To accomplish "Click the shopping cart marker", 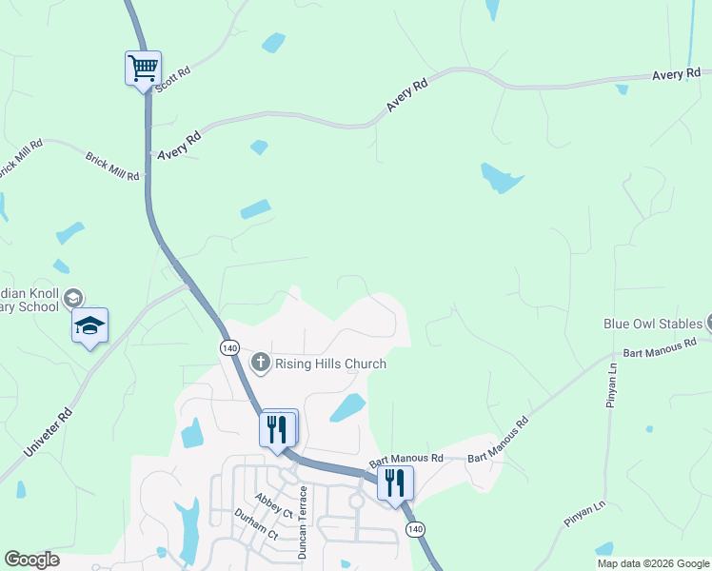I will pos(143,69).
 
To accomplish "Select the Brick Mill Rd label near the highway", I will pos(112,167).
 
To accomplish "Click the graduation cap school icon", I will pos(89,325).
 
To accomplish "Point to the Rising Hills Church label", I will pos(330,364).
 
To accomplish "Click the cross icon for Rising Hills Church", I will pos(260,363).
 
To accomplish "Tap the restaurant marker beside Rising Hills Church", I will pos(278,428).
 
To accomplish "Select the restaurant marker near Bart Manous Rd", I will pos(395,482).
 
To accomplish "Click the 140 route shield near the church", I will pos(228,348).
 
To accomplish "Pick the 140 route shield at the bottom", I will pos(414,529).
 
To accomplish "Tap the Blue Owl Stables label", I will pos(652,324).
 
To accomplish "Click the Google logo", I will pos(31,560).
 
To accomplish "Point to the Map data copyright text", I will pos(653,563).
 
